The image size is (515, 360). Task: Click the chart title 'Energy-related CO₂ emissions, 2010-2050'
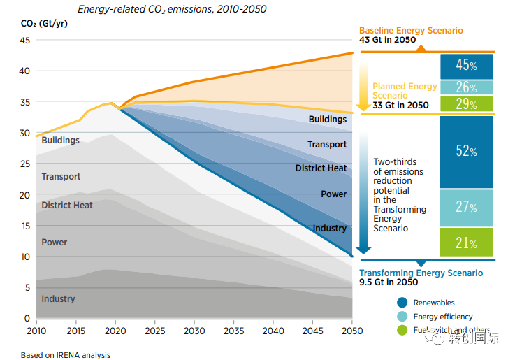tap(172, 10)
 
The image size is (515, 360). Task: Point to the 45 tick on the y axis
tap(25, 41)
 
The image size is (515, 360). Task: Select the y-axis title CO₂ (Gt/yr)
tap(39, 23)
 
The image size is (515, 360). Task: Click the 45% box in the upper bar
tap(467, 66)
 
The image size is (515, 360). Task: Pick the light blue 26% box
tap(467, 87)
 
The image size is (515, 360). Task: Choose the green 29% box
tap(467, 103)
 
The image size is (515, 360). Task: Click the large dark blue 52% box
tap(467, 152)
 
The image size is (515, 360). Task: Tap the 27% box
tap(467, 208)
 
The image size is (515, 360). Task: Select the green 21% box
tap(467, 243)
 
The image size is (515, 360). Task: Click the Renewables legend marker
tap(402, 303)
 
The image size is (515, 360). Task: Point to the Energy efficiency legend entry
tap(443, 317)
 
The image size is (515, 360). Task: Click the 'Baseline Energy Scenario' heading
tap(411, 31)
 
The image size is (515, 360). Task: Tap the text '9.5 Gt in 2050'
tap(389, 282)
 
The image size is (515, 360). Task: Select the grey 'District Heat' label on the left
tap(67, 206)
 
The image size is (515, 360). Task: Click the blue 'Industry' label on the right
tap(330, 229)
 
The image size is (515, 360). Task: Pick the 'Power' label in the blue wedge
tap(333, 194)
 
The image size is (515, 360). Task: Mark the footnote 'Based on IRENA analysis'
tap(66, 355)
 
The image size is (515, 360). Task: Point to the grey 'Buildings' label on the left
tap(61, 141)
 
